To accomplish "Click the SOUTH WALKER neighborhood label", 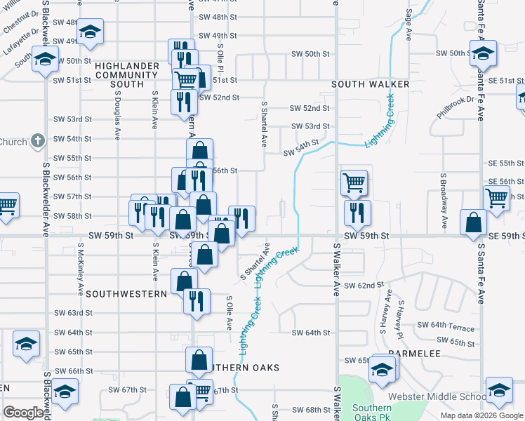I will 370,84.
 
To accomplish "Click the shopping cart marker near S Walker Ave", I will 354,182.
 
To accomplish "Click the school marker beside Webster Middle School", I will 499,390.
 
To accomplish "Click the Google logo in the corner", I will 23,413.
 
